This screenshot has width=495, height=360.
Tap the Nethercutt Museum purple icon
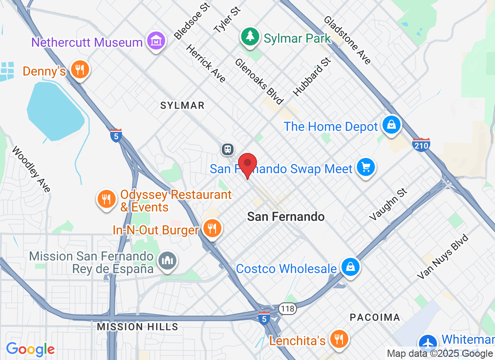(x=156, y=41)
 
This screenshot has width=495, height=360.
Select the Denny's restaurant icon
(x=80, y=70)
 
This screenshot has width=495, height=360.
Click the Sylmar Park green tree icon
(x=248, y=36)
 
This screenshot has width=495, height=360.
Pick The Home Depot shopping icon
(x=391, y=125)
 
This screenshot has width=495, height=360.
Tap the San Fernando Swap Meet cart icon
(x=365, y=167)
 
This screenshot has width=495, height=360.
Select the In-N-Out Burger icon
(x=211, y=228)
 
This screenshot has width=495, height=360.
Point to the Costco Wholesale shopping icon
(x=350, y=267)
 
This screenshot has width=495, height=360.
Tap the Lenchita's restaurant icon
(x=337, y=338)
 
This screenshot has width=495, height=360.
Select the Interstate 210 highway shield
(x=421, y=144)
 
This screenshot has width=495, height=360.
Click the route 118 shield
(x=287, y=308)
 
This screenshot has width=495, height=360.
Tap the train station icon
(x=228, y=149)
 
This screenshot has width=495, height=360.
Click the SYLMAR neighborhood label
(x=182, y=106)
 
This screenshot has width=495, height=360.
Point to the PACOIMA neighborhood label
(x=375, y=318)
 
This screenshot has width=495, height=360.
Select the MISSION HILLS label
(x=138, y=327)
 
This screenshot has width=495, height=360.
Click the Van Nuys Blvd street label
(x=443, y=257)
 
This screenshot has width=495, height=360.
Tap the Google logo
(x=31, y=349)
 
